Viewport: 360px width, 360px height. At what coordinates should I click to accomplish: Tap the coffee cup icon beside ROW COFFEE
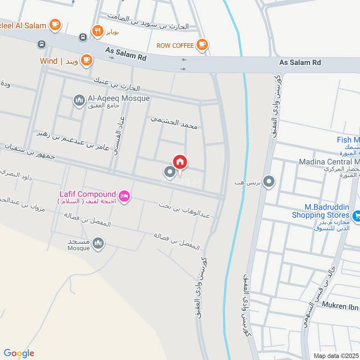[x=202, y=45]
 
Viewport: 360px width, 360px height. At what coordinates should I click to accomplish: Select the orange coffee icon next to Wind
[x=86, y=60]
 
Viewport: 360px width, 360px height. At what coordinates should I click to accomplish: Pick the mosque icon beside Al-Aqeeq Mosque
[x=80, y=99]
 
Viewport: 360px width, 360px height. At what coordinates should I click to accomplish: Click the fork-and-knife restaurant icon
[x=97, y=31]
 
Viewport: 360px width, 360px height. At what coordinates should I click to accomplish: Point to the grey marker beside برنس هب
[x=269, y=182]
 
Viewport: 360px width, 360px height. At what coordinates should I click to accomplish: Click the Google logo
[x=19, y=353]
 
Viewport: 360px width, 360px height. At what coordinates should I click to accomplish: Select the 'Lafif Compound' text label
[x=88, y=194]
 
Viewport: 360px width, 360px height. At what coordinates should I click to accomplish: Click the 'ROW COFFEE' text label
[x=175, y=45]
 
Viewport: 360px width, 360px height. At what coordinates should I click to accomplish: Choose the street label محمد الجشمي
[x=174, y=123]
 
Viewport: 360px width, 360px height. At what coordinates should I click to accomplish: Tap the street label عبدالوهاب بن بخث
[x=184, y=210]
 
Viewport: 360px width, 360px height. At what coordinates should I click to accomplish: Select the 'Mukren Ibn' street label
[x=340, y=305]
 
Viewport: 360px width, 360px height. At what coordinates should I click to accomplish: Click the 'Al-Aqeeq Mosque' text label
[x=119, y=98]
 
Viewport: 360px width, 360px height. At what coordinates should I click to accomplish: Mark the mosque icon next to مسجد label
[x=98, y=244]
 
